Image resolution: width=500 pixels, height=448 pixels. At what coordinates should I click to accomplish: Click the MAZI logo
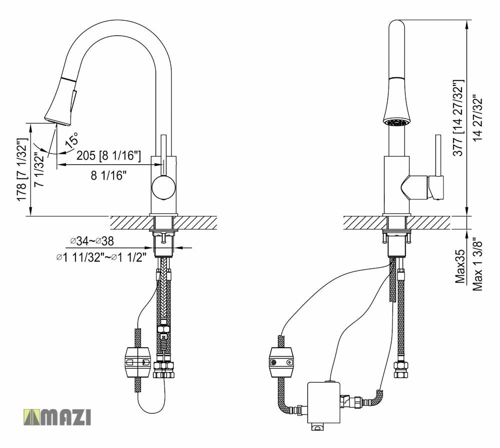click(57, 417)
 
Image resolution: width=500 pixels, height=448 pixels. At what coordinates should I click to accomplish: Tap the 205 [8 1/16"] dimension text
click(108, 156)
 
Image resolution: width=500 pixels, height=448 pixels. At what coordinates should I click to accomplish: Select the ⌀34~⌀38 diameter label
click(92, 242)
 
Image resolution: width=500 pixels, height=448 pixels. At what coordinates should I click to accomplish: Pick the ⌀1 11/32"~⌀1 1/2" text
click(101, 257)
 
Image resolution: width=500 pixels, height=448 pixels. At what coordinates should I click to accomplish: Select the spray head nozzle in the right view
click(397, 121)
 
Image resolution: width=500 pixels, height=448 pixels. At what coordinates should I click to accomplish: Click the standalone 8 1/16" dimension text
click(108, 175)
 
